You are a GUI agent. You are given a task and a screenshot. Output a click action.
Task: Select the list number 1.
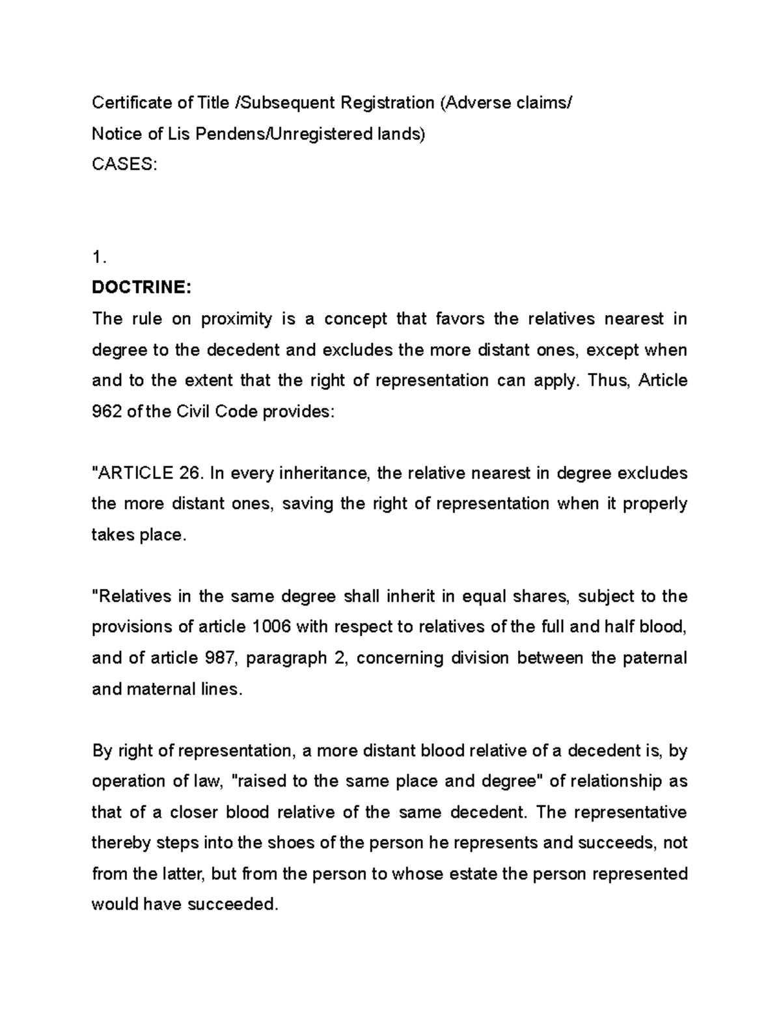[x=99, y=258]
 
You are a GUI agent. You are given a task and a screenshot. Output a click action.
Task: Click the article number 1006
[x=273, y=627]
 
